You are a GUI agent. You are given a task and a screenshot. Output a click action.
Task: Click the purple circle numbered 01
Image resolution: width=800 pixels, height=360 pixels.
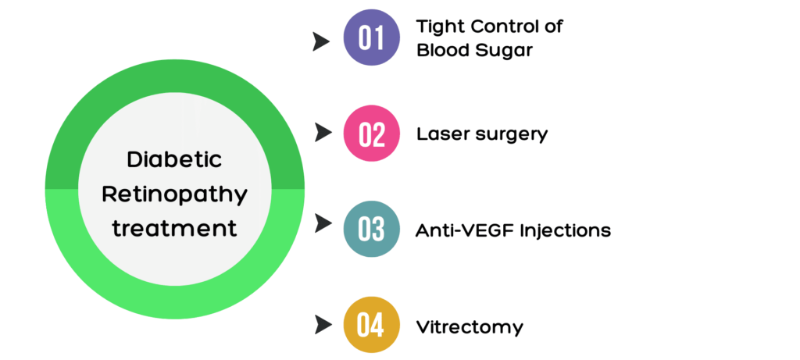coord(371,37)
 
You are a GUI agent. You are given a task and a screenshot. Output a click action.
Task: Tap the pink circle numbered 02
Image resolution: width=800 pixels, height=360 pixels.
coord(371,133)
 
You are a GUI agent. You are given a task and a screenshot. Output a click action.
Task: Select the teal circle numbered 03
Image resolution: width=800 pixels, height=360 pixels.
coord(371,229)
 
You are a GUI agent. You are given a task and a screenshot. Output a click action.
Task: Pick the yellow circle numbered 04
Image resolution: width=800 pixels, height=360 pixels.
coord(371,325)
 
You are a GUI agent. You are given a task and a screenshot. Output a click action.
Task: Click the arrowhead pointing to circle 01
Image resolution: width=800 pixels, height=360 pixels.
coord(321,42)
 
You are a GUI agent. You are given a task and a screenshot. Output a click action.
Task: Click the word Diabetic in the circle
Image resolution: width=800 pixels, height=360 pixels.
coord(174,159)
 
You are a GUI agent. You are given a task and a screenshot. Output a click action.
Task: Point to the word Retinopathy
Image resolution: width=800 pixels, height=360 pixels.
coord(175,195)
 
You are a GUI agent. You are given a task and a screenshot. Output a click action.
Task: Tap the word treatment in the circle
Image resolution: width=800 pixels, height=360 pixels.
coord(175,228)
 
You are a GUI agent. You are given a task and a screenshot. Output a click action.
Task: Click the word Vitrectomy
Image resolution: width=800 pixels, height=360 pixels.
coord(470,327)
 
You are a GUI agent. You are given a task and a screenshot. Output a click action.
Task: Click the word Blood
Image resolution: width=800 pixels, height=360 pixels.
coord(441,50)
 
